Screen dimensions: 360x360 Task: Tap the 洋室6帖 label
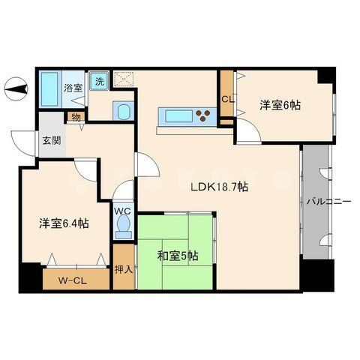pyautogui.click(x=280, y=106)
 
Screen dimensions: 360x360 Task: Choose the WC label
pyautogui.click(x=122, y=211)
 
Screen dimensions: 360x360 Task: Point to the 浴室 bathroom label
pyautogui.click(x=73, y=88)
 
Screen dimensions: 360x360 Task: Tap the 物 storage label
pyautogui.click(x=76, y=116)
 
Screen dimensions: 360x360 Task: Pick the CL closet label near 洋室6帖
pyautogui.click(x=226, y=97)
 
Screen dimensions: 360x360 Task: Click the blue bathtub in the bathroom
pyautogui.click(x=50, y=91)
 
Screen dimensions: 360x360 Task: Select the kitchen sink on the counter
pyautogui.click(x=177, y=115)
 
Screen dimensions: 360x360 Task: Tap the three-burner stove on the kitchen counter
pyautogui.click(x=205, y=115)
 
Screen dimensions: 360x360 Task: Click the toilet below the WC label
pyautogui.click(x=122, y=229)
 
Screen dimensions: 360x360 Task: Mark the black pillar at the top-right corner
pyautogui.click(x=324, y=76)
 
